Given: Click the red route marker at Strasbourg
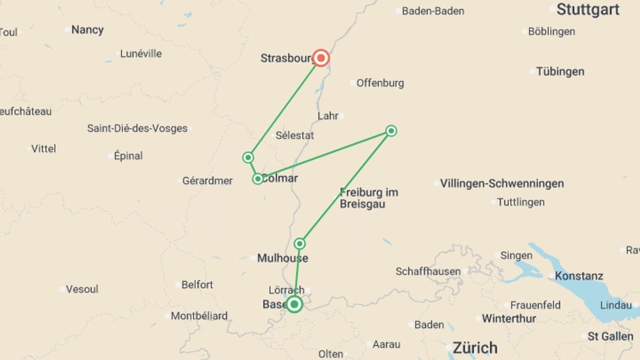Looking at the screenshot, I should tap(321, 58).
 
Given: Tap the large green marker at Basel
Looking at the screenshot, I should tap(294, 304).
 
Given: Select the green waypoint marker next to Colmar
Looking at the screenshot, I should tap(258, 179).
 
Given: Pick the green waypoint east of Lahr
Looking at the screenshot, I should tap(391, 131).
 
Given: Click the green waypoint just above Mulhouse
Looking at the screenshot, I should tap(300, 244).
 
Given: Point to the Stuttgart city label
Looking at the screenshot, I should tap(588, 10).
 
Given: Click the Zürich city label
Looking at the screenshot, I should tap(475, 348).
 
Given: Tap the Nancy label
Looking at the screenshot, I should tap(87, 30).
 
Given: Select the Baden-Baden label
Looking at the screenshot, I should tap(433, 11).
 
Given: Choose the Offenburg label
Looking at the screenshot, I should tap(380, 83).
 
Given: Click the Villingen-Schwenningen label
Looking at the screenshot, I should tap(502, 183).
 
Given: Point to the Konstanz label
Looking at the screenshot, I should tap(579, 276).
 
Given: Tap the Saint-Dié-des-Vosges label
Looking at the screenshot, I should tap(137, 128).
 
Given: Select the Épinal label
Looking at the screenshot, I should tap(128, 156).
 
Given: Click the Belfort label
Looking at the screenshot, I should tap(197, 285).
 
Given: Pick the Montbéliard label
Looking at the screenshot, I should tap(199, 316).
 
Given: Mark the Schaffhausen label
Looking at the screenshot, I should tap(428, 271).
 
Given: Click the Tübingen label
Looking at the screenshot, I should tap(560, 71).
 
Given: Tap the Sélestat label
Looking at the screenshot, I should tap(295, 135).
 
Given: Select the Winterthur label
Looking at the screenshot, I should tap(509, 318).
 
